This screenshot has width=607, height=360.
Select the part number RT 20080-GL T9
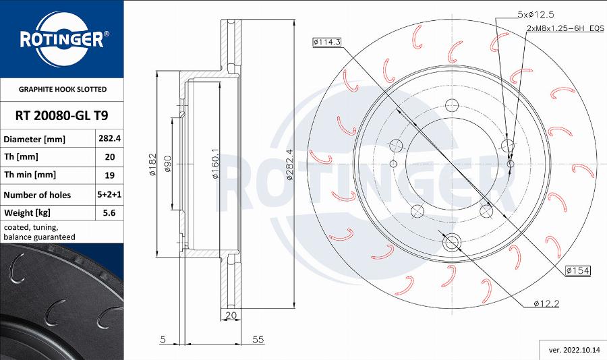tap(61, 115)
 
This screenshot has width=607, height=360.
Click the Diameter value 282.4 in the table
tap(110, 139)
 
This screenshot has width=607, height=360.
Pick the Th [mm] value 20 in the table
tap(110, 157)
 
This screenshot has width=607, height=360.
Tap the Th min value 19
tap(110, 175)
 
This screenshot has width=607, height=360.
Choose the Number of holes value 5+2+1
tap(110, 195)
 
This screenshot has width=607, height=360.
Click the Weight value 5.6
tap(110, 213)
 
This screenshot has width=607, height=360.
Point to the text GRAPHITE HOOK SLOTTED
tap(62, 89)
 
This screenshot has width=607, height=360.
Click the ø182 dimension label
tap(152, 164)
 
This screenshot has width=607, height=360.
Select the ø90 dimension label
tap(168, 164)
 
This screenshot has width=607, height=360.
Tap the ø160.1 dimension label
tap(215, 164)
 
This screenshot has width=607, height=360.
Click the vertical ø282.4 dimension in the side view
tap(289, 164)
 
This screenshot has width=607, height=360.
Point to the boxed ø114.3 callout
tap(327, 42)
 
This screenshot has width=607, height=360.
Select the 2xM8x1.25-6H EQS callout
tap(565, 29)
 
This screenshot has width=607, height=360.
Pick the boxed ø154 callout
tap(578, 270)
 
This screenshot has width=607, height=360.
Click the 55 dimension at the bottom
tap(257, 340)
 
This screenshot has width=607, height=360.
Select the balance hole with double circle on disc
tap(451, 241)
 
